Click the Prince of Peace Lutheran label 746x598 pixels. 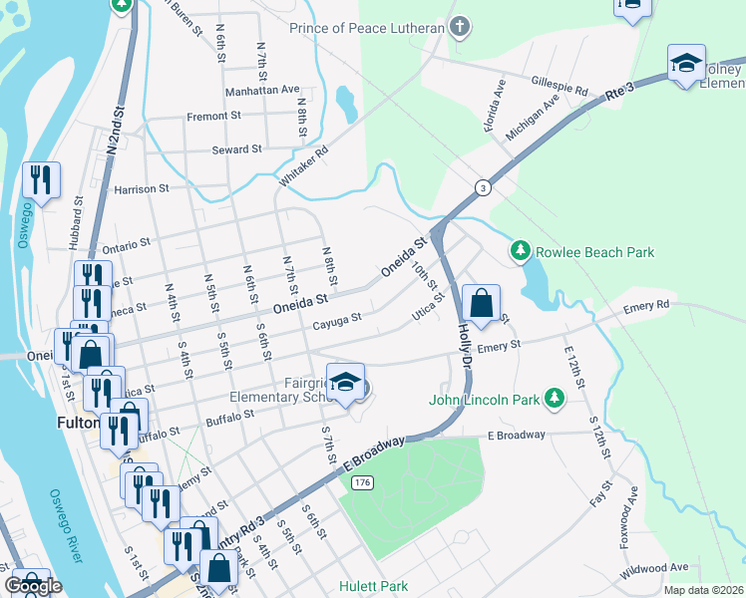[x=366, y=28]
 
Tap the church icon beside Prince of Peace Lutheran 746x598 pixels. [x=460, y=27]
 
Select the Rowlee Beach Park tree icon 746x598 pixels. [x=519, y=252]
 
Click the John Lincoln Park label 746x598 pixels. [x=484, y=401]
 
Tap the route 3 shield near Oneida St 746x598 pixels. [x=483, y=187]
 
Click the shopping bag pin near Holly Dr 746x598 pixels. [x=481, y=304]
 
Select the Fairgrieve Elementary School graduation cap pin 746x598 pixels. [x=346, y=384]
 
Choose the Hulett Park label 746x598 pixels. [x=373, y=586]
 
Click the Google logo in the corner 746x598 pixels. [x=32, y=586]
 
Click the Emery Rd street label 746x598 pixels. [x=647, y=305]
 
